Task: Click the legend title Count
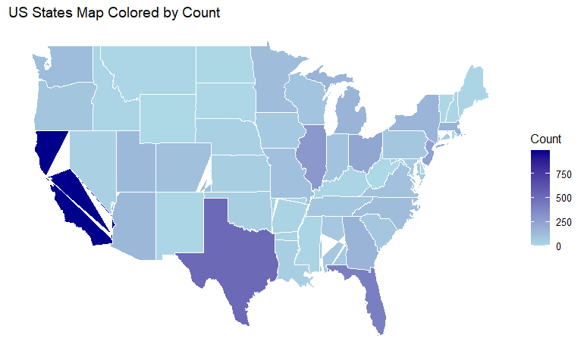coord(545,139)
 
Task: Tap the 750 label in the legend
coord(562,175)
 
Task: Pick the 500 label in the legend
coord(562,199)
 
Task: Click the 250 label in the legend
coord(562,222)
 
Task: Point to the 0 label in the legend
coord(558,246)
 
